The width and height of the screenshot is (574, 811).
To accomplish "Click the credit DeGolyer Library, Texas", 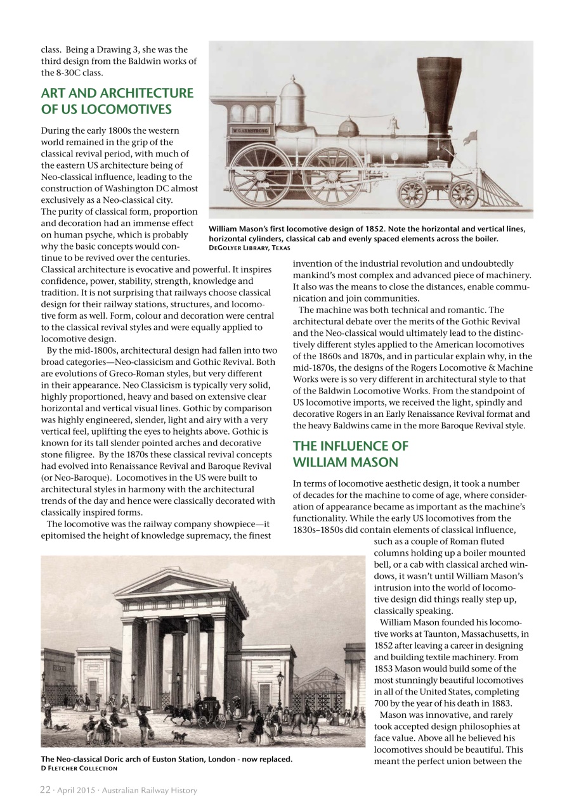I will [x=249, y=248].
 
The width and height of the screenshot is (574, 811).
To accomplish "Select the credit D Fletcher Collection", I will [x=79, y=769].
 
